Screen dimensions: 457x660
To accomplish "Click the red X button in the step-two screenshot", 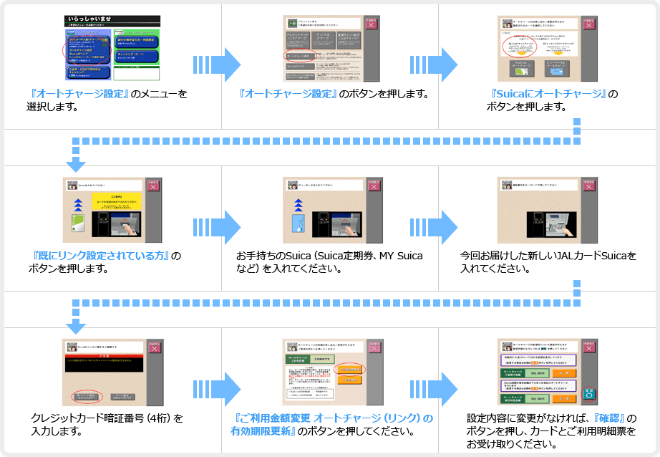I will pyautogui.click(x=371, y=24).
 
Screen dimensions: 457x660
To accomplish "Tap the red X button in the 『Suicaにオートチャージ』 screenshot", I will pyautogui.click(x=588, y=24).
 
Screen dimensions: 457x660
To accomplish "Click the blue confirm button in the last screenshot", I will pyautogui.click(x=589, y=394).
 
